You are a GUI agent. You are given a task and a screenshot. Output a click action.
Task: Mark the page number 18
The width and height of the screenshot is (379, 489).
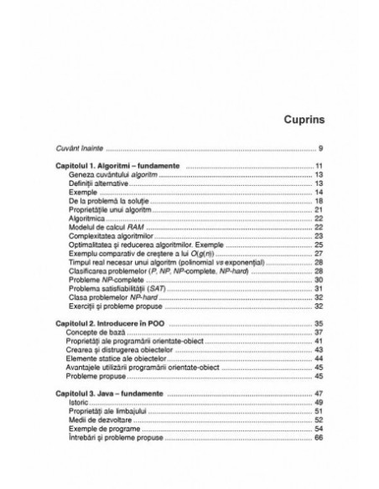point(319,202)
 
